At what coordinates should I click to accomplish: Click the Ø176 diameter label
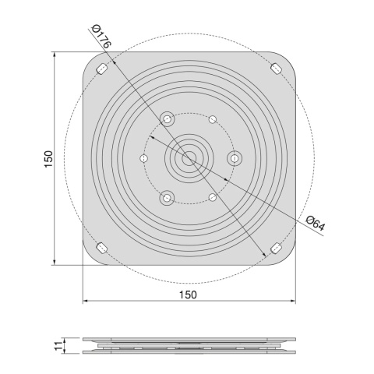coord(102,36)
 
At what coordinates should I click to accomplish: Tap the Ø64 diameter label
coord(316,223)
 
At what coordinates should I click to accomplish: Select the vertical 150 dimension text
coord(48,159)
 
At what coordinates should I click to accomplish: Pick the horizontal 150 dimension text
coord(188,295)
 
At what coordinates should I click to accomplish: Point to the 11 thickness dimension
coord(59,345)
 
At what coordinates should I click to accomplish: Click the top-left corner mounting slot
coord(102,69)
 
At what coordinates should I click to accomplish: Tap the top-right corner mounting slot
coord(277,69)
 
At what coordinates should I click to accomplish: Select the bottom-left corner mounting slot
coord(102,248)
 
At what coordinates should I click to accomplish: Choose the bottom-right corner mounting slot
coord(276,248)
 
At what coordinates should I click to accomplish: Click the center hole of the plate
coord(189,158)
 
